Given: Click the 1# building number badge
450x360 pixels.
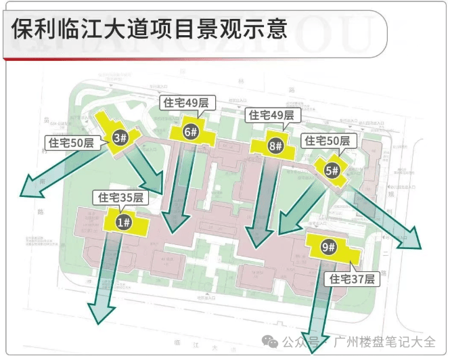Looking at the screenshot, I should [x=123, y=221].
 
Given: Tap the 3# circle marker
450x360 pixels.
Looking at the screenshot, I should [x=120, y=138].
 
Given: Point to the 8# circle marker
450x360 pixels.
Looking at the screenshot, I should [x=275, y=145].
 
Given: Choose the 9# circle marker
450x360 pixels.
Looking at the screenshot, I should [x=329, y=247].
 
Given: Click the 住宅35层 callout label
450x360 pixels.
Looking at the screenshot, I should [x=120, y=198].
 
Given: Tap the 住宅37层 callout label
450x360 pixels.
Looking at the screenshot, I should [x=352, y=278].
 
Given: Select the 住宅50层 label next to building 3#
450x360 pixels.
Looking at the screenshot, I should [x=70, y=143].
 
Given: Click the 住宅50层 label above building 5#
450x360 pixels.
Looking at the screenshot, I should [x=327, y=141].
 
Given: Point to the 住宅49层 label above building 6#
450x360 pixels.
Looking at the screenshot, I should [x=185, y=103].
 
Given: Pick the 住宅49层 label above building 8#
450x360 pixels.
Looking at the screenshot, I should [x=271, y=116].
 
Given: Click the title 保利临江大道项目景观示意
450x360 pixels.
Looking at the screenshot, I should [x=150, y=29].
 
